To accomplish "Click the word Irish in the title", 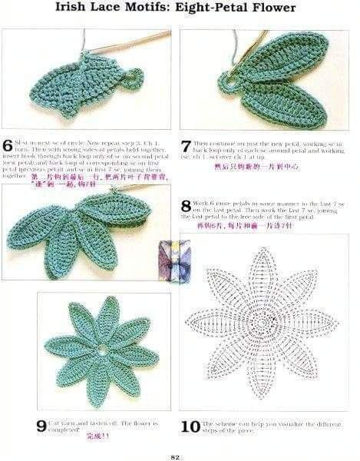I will click(x=79, y=8).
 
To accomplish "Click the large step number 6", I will click(x=8, y=144).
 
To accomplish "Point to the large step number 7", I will click(x=186, y=145).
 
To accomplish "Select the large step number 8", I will click(x=186, y=205).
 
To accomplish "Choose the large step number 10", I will click(x=190, y=426).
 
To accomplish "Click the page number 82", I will click(x=175, y=456).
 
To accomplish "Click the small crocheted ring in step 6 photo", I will click(x=139, y=76).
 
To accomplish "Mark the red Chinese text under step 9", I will click(x=97, y=436).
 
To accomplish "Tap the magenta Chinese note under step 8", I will click(x=244, y=227).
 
